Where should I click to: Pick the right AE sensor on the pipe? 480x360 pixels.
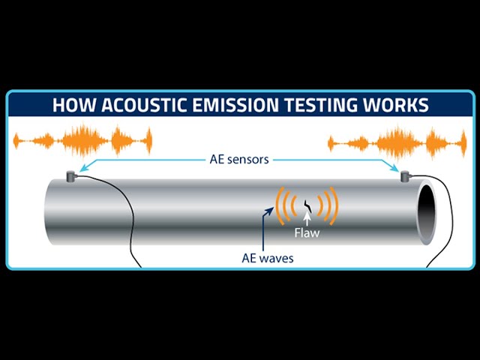coord(405,176)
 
